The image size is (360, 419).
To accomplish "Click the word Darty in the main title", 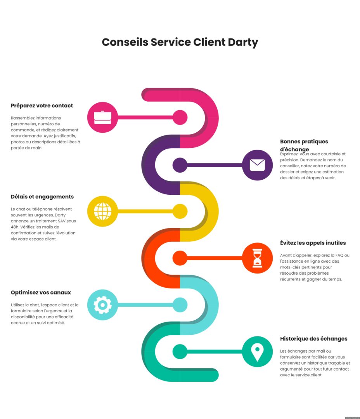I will pos(244,42).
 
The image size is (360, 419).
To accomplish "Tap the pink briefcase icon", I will pos(102,117).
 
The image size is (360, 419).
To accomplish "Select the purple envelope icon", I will pos(257,165).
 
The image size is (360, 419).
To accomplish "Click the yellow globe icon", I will pos(102,211).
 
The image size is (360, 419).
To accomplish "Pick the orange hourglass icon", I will pos(257,258).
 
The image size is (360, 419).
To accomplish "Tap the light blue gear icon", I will pos(102,305).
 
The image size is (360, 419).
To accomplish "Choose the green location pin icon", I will pos(257,351).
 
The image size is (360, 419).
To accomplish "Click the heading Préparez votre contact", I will pos(42,106).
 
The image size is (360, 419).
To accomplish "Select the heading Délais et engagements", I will pos(42,197).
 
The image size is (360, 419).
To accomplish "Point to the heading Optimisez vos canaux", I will pos(41,293).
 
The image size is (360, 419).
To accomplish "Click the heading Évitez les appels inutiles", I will pos(313,243).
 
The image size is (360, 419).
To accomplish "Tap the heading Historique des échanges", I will pos(313,339).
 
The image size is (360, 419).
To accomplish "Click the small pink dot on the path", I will pos(180,118).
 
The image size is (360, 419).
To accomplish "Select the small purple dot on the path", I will pos(180,165).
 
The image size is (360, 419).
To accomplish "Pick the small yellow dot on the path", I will pos(180,211).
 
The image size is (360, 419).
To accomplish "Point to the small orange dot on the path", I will pos(180,258).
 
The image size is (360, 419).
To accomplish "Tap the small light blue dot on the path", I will pos(180,305).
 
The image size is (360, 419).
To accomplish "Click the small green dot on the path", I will pos(180,351).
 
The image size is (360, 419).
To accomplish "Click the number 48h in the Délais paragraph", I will pos(15,227).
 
